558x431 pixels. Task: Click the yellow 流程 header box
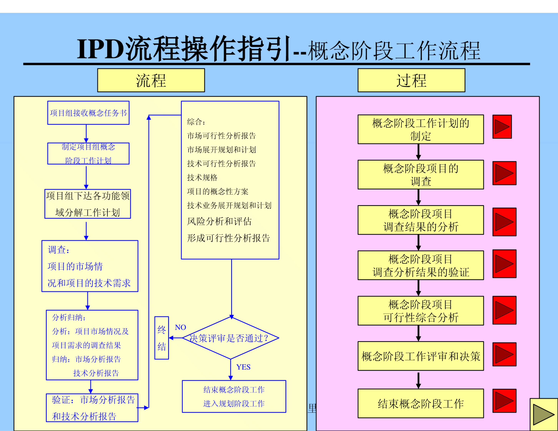click(151, 80)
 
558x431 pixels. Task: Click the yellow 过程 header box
click(411, 80)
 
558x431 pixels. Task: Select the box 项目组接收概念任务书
click(88, 113)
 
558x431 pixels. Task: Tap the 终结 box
click(161, 338)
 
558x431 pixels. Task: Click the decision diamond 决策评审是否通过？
click(230, 338)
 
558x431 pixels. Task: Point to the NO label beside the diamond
click(180, 327)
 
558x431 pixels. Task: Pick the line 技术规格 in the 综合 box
click(202, 177)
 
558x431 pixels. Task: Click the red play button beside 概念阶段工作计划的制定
click(502, 127)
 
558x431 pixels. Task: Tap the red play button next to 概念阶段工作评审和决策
click(504, 354)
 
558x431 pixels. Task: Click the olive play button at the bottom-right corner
click(544, 414)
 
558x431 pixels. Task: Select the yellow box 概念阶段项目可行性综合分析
click(421, 311)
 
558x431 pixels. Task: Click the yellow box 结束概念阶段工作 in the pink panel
click(421, 403)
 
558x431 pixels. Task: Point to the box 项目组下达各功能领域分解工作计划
click(88, 204)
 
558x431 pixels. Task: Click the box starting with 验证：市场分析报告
click(92, 408)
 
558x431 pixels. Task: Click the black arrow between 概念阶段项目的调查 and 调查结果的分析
click(418, 197)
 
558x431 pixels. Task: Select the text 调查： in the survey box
click(58, 250)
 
